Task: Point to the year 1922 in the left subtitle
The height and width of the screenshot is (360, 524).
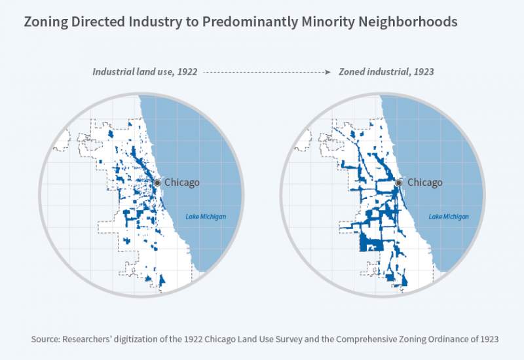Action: tap(186, 73)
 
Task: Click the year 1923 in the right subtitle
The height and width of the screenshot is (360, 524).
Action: tap(422, 73)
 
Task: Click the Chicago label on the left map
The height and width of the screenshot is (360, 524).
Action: tap(181, 183)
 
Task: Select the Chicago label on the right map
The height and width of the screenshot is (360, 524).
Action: tap(425, 183)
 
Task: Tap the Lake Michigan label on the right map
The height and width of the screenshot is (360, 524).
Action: tap(449, 217)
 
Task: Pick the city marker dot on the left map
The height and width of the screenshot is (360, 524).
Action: tap(157, 183)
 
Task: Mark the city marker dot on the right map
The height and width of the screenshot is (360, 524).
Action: tap(401, 183)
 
